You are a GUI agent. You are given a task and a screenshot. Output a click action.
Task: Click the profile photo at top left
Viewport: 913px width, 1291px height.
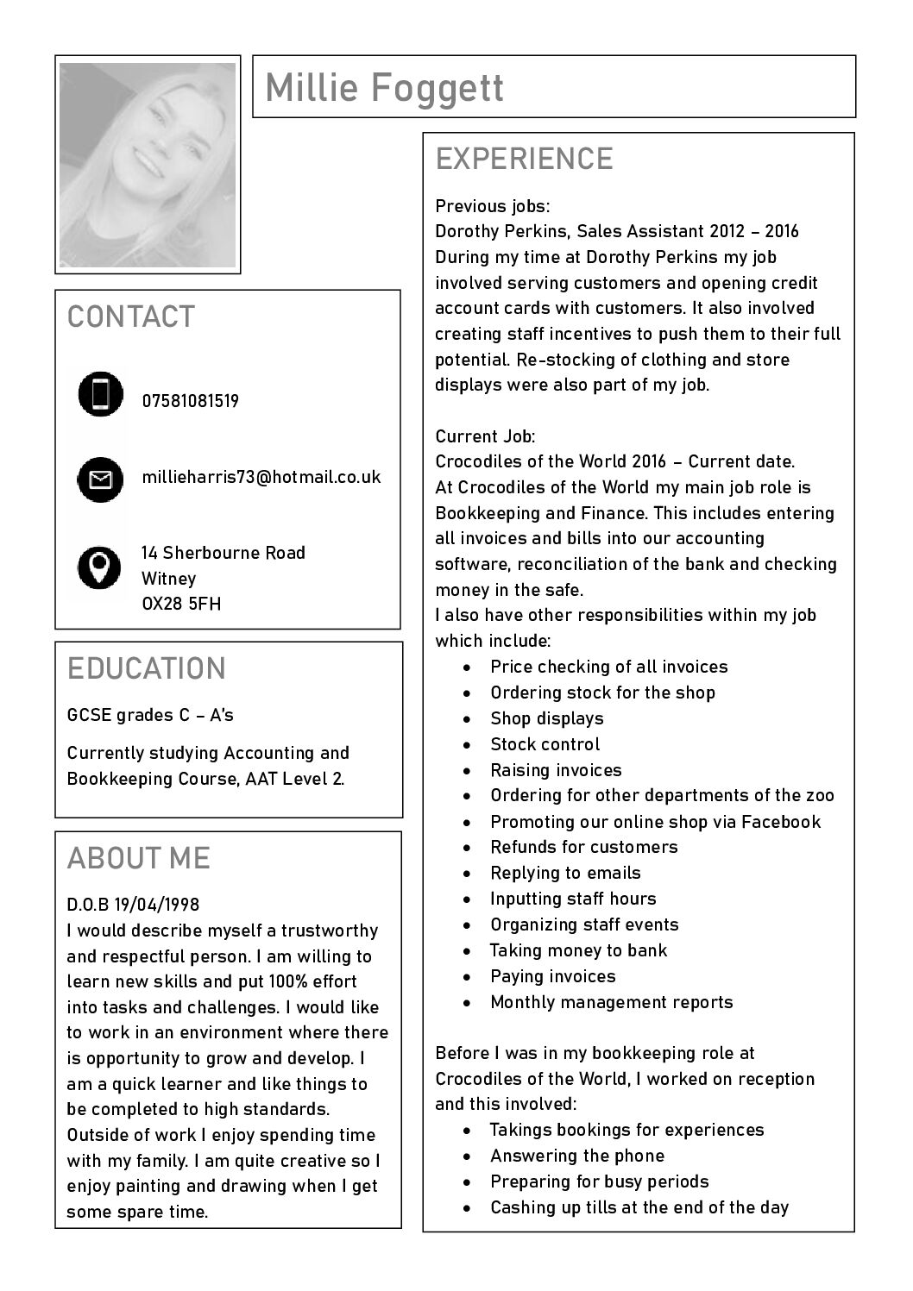(x=148, y=164)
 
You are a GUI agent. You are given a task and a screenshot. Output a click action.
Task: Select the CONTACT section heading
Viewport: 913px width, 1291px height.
(x=131, y=316)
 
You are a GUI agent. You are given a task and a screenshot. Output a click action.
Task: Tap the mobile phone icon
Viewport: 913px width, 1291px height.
(x=101, y=394)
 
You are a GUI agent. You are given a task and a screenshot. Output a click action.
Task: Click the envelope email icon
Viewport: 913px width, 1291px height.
(x=101, y=479)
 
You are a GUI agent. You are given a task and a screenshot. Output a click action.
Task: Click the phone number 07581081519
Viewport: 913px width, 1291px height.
(x=191, y=401)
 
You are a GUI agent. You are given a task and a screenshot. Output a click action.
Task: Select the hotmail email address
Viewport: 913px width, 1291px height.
(x=261, y=477)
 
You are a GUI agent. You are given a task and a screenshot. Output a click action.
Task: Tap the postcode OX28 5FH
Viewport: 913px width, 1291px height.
(x=181, y=604)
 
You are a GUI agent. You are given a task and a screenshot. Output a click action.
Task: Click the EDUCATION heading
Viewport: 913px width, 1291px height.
(x=147, y=668)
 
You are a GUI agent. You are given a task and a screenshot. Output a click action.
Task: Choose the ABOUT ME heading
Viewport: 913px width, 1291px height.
(x=139, y=858)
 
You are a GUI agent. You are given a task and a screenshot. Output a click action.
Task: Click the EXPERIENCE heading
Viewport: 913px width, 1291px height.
(x=524, y=160)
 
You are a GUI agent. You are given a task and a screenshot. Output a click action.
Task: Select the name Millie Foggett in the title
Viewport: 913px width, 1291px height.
(x=384, y=87)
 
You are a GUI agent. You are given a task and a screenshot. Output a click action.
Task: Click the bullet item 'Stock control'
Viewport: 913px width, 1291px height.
(x=545, y=744)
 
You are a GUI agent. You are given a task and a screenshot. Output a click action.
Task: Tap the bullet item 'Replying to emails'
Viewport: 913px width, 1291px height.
(x=565, y=873)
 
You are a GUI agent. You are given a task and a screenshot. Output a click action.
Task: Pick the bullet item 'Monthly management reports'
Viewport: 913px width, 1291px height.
(x=611, y=1002)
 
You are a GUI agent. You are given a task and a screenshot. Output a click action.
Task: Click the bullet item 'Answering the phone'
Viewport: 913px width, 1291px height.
(x=577, y=1156)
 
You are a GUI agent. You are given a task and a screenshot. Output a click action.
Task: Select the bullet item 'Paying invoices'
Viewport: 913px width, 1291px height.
(x=552, y=976)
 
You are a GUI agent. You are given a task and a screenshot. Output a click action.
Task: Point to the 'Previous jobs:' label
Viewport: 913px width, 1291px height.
(x=492, y=206)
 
